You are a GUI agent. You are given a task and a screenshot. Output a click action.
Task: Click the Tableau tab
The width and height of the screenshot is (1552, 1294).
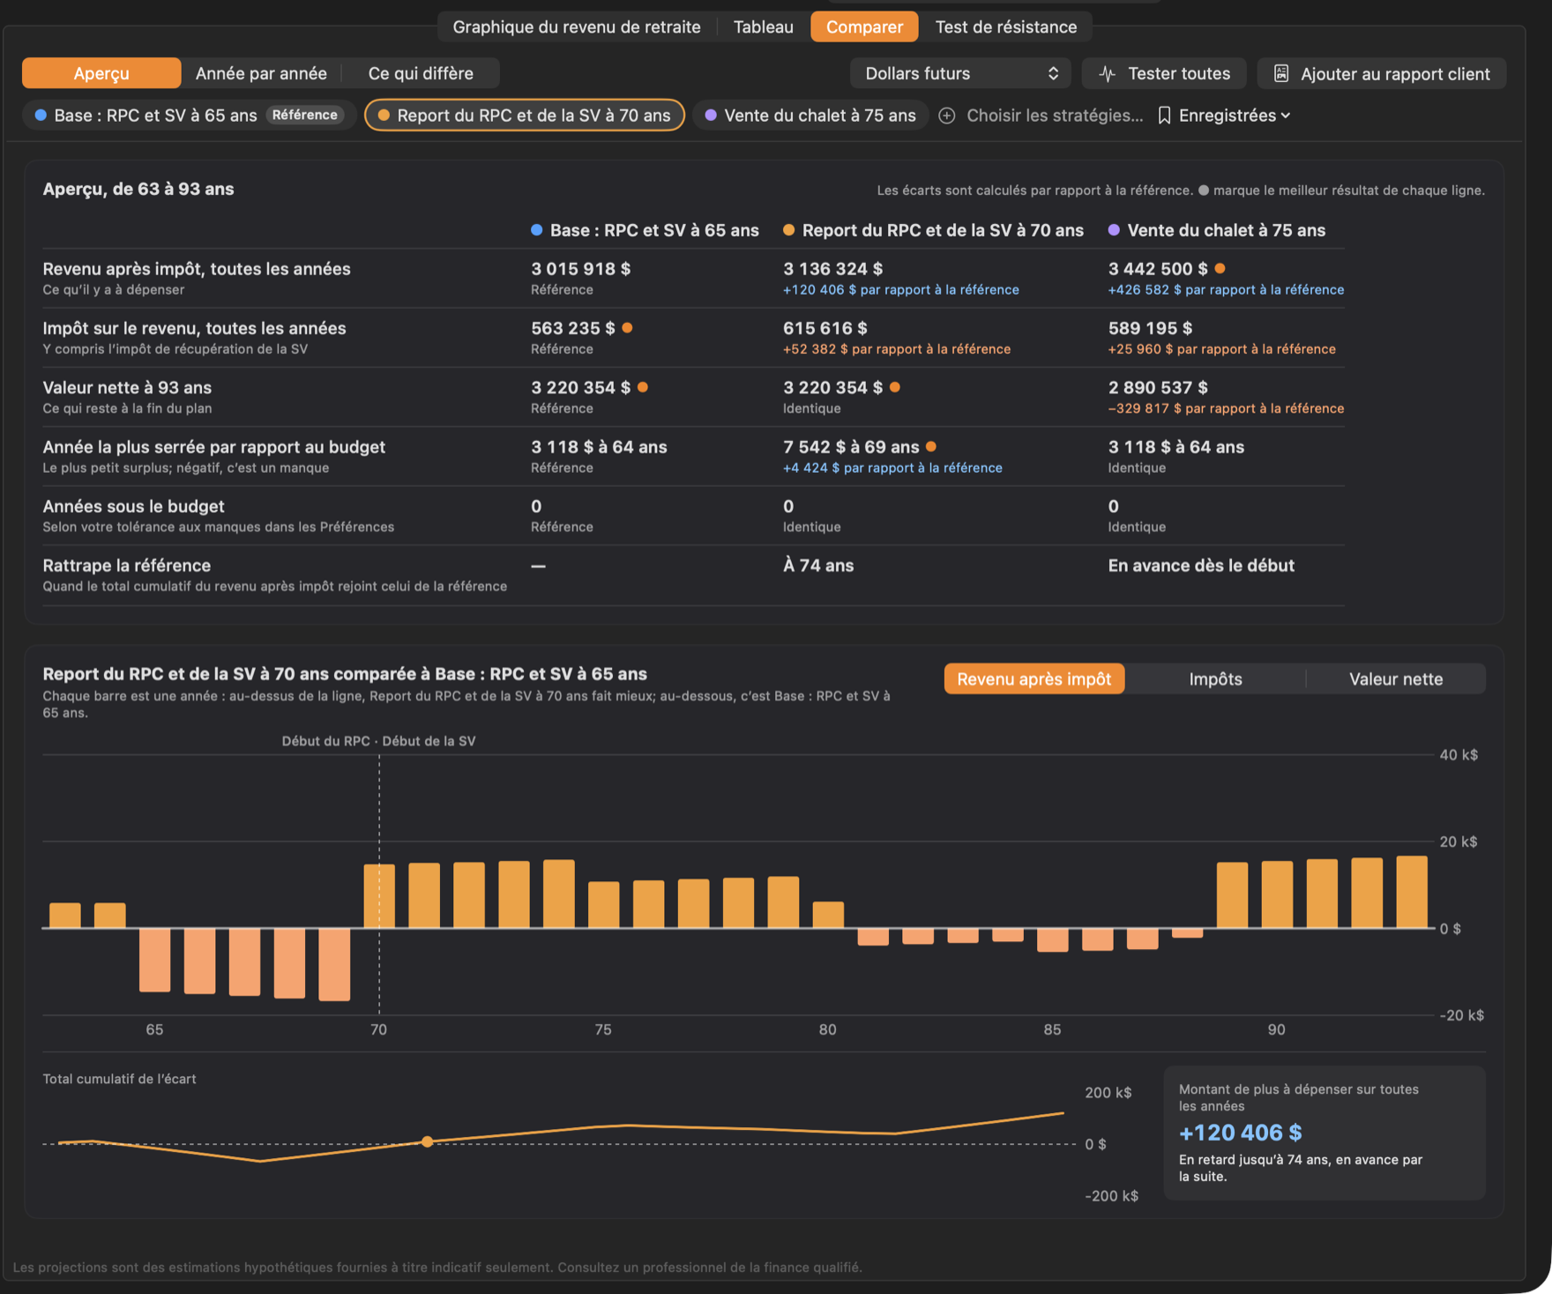point(763,26)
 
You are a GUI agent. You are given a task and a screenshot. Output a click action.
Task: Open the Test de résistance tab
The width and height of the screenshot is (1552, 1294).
point(1005,26)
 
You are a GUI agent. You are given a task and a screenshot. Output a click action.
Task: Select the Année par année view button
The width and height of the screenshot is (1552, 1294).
point(261,73)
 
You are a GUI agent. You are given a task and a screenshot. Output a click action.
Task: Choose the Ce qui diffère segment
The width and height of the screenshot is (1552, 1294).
point(421,73)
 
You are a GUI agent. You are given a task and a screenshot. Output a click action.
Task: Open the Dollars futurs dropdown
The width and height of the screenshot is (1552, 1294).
point(960,73)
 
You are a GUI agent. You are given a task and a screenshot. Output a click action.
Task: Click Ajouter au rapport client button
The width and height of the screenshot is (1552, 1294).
point(1382,73)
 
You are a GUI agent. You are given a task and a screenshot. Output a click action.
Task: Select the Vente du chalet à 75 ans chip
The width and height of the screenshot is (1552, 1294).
point(810,116)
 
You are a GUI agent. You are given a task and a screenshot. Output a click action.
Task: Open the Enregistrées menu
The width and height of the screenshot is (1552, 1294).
point(1225,116)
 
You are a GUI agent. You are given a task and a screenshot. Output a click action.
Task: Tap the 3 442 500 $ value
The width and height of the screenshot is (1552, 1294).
point(1158,269)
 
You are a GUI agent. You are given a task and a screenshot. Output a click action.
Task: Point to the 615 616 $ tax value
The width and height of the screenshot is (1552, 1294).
point(825,328)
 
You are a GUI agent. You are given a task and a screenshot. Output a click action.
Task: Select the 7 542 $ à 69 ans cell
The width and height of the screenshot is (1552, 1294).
point(851,447)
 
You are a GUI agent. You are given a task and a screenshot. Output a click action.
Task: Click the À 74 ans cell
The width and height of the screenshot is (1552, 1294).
point(818,565)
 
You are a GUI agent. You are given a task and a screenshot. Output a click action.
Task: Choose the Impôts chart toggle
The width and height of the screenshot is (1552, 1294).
point(1215,679)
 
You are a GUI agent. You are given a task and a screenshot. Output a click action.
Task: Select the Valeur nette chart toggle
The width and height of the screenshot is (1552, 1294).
point(1396,679)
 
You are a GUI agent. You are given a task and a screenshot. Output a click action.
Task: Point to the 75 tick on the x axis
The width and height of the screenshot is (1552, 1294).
point(603,1029)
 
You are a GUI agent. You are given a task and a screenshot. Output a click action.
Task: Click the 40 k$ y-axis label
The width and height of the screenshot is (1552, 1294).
point(1459,755)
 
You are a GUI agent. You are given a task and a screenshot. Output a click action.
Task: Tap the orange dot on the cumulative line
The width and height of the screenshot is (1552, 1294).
point(428,1141)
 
